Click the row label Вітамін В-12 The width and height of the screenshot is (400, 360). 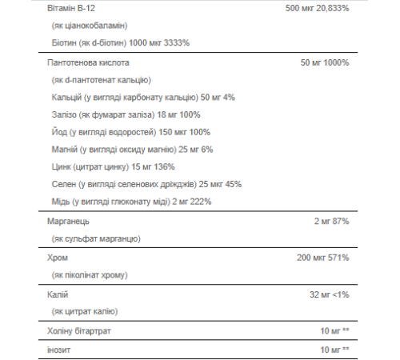point(70,7)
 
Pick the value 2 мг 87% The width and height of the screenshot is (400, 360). point(333,220)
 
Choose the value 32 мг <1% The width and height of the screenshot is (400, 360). point(330,295)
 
